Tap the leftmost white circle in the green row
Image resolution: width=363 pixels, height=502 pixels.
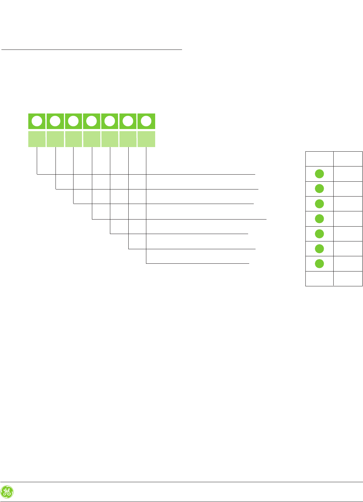[x=37, y=122]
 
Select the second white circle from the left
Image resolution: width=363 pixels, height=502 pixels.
[x=55, y=122]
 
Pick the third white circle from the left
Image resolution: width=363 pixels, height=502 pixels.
[x=73, y=122]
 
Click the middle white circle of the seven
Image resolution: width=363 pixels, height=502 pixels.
[x=92, y=122]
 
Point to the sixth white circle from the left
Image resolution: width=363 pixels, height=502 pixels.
[x=128, y=122]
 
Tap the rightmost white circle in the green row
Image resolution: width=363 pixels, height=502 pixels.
[x=146, y=122]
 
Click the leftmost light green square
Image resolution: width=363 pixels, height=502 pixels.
[x=37, y=139]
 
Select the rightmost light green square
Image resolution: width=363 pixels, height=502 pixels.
[x=146, y=139]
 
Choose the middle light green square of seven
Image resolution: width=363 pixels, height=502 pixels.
[x=92, y=139]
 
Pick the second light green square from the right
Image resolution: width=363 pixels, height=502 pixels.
[x=128, y=139]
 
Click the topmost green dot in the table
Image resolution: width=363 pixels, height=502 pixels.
[x=319, y=174]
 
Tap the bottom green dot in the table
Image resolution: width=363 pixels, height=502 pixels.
[x=319, y=264]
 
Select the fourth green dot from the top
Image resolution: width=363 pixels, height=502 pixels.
[x=319, y=219]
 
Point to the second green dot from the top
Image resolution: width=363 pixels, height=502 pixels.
[x=319, y=188]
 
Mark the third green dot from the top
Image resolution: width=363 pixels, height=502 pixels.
[x=319, y=204]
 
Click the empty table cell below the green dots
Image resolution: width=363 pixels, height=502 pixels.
[x=319, y=279]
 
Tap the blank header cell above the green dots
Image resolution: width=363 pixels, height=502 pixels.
[x=319, y=159]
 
